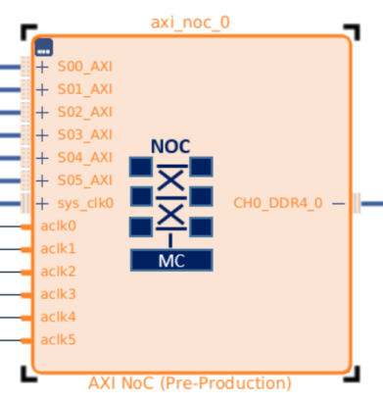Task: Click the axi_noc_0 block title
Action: (190, 23)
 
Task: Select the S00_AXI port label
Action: (85, 67)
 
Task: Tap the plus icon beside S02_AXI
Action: (42, 113)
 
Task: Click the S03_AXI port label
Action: (85, 135)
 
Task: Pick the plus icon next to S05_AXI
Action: (42, 180)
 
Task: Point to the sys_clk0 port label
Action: (85, 203)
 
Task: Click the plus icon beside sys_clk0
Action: (42, 204)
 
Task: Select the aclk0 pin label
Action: (58, 226)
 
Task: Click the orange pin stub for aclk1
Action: (26, 249)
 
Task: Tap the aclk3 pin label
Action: (58, 294)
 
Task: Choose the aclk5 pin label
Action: (58, 339)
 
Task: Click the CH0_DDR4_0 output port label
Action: (278, 203)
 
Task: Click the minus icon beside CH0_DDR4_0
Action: (339, 204)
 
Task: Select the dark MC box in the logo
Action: (171, 260)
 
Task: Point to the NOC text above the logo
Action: (170, 146)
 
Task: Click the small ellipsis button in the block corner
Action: (44, 47)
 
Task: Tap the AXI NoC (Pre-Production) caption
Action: (190, 383)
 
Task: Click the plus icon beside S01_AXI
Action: (42, 89)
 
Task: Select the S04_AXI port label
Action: (85, 158)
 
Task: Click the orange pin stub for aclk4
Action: (26, 318)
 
